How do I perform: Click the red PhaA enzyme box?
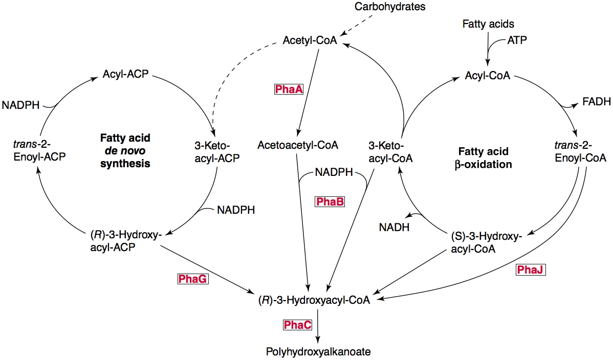289,89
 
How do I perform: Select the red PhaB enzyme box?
330,202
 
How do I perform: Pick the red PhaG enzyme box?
193,279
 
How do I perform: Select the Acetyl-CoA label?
310,40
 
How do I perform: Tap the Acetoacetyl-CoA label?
298,145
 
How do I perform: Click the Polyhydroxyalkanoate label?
318,351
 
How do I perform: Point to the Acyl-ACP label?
125,74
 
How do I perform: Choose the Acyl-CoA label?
487,76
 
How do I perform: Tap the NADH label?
394,227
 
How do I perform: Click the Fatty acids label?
488,24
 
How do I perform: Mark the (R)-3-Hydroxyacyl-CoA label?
314,300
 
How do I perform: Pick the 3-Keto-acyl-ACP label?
214,152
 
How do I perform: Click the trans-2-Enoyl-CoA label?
580,152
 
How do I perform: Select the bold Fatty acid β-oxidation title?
483,158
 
